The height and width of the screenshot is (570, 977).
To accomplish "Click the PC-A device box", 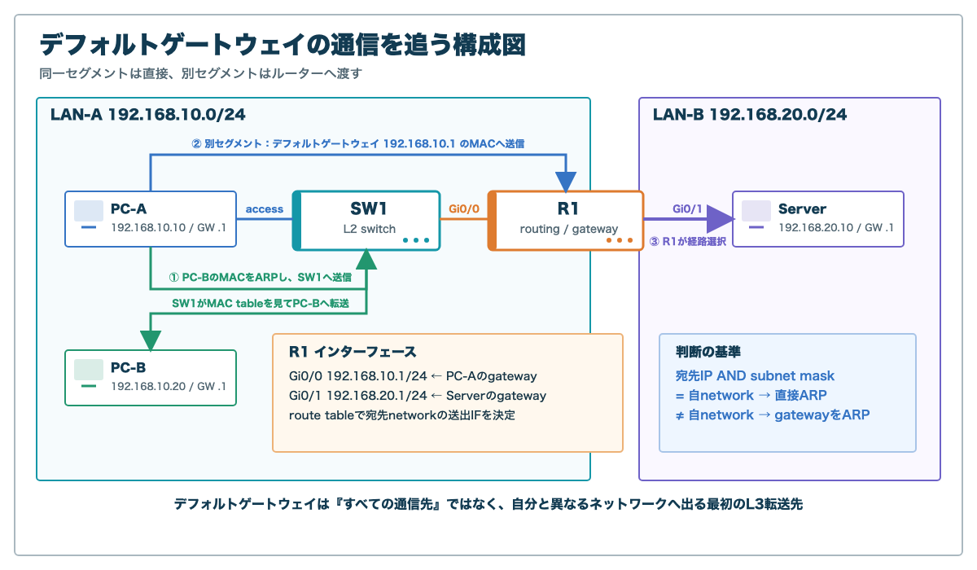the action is [151, 219].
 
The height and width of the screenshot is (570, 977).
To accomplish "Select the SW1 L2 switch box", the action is [366, 221].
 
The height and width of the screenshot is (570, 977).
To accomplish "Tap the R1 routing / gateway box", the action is [566, 221].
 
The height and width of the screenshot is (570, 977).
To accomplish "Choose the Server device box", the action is [818, 219].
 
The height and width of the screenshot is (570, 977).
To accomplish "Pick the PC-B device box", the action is [151, 378].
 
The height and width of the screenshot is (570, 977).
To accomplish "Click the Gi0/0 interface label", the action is [464, 209].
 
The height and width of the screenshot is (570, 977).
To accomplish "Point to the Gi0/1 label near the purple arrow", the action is [687, 209].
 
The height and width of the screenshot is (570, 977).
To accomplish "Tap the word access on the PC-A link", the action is [265, 209].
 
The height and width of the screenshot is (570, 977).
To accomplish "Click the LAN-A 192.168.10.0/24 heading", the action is [148, 115].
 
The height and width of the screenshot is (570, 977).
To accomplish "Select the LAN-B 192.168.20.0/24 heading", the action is [750, 115].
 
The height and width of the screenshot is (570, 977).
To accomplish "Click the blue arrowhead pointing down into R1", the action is [566, 182].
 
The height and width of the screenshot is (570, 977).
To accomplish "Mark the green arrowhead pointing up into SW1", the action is [366, 259].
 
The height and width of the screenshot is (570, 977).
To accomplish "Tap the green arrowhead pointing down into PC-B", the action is [151, 341].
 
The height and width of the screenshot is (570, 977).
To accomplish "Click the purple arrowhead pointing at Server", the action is [721, 219].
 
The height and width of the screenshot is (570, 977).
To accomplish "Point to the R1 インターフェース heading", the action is [353, 352].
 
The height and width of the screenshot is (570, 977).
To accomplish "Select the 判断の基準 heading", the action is [708, 352].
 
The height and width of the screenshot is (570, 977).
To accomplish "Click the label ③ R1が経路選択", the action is [688, 242].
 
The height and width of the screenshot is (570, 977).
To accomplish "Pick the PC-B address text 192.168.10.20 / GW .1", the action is [169, 387].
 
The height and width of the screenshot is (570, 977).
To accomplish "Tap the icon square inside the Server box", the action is [756, 211].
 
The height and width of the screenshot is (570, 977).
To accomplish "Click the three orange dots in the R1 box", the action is [620, 240].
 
